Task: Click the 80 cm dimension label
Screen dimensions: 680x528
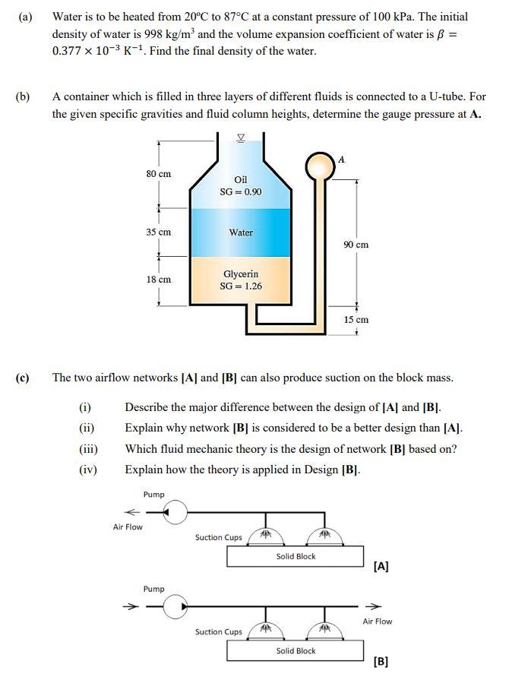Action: tap(158, 174)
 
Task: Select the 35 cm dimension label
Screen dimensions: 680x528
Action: tap(158, 232)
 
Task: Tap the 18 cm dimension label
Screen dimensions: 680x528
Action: tap(158, 280)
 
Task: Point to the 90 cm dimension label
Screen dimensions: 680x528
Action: tap(356, 245)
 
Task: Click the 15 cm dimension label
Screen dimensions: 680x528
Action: tap(356, 320)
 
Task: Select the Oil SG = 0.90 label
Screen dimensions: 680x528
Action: tap(240, 185)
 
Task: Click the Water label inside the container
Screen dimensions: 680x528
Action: tap(241, 232)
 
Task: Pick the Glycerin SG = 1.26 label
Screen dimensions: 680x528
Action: tap(241, 280)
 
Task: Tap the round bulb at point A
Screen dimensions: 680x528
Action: tap(318, 165)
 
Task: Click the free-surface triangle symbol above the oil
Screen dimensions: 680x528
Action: tap(241, 138)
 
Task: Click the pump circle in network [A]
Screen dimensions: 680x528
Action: tap(175, 513)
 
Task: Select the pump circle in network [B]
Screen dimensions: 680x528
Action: tap(175, 607)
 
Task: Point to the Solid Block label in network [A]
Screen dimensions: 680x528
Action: tap(296, 557)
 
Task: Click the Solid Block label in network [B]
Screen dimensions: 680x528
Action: tap(296, 651)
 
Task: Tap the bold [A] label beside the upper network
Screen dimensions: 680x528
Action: tap(381, 566)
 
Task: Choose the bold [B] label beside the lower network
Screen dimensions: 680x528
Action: tap(381, 661)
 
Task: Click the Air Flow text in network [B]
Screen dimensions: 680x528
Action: tap(377, 621)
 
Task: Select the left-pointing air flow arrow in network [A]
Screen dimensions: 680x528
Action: tap(132, 511)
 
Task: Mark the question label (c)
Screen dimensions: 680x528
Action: tap(23, 378)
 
